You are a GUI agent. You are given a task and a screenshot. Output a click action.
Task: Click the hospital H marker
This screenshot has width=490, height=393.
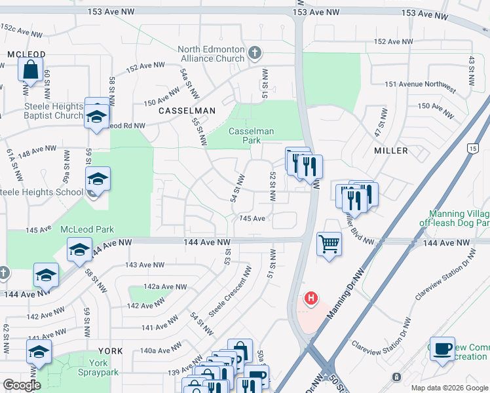point(311,299)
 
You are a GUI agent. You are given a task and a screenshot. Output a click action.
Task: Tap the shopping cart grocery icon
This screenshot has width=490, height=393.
point(329,244)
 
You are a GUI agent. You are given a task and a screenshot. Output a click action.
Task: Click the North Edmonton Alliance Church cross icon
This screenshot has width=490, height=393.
point(255,52)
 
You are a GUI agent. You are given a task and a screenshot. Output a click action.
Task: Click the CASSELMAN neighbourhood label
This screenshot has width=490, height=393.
point(187,111)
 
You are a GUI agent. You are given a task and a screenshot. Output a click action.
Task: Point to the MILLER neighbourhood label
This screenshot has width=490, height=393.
point(391,151)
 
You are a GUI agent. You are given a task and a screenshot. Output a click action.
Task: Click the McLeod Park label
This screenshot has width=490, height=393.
point(87,229)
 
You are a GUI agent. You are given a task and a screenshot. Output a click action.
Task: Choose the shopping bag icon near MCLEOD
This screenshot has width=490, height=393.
point(31,69)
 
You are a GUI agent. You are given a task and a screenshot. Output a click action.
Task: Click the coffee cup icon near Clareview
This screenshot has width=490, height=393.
point(442,348)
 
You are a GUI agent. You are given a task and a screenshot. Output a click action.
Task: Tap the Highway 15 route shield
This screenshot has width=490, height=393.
point(472,149)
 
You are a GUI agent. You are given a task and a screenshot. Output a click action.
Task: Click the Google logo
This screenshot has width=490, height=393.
point(22,385)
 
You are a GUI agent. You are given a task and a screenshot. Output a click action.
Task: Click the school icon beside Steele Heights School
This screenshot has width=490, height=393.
point(98,178)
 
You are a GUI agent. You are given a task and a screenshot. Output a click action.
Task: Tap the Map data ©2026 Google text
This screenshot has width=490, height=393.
point(449,388)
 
